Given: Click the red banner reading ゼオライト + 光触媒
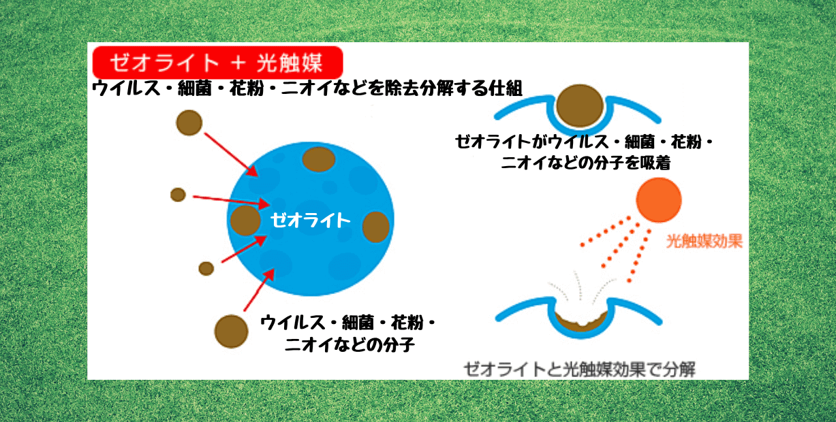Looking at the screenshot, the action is [217, 62].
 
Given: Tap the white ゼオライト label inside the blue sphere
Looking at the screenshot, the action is [310, 220].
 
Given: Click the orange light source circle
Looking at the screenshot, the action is [659, 200].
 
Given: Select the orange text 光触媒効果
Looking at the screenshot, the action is [704, 241].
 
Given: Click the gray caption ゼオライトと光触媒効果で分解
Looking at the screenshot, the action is [579, 370].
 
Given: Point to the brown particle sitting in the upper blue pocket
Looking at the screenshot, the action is [580, 105].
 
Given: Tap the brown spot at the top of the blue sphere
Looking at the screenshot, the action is [318, 159].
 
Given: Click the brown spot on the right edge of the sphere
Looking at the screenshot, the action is [376, 227].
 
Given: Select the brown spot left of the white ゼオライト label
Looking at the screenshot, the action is [245, 221].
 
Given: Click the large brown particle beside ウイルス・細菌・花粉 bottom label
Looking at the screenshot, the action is [231, 331].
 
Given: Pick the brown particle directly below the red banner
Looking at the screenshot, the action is [189, 123].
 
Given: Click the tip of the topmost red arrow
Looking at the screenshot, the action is [258, 176].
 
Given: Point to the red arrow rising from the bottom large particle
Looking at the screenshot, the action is [259, 290].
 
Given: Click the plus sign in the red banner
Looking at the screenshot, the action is [238, 63].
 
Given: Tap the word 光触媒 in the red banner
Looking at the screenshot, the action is [290, 62].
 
